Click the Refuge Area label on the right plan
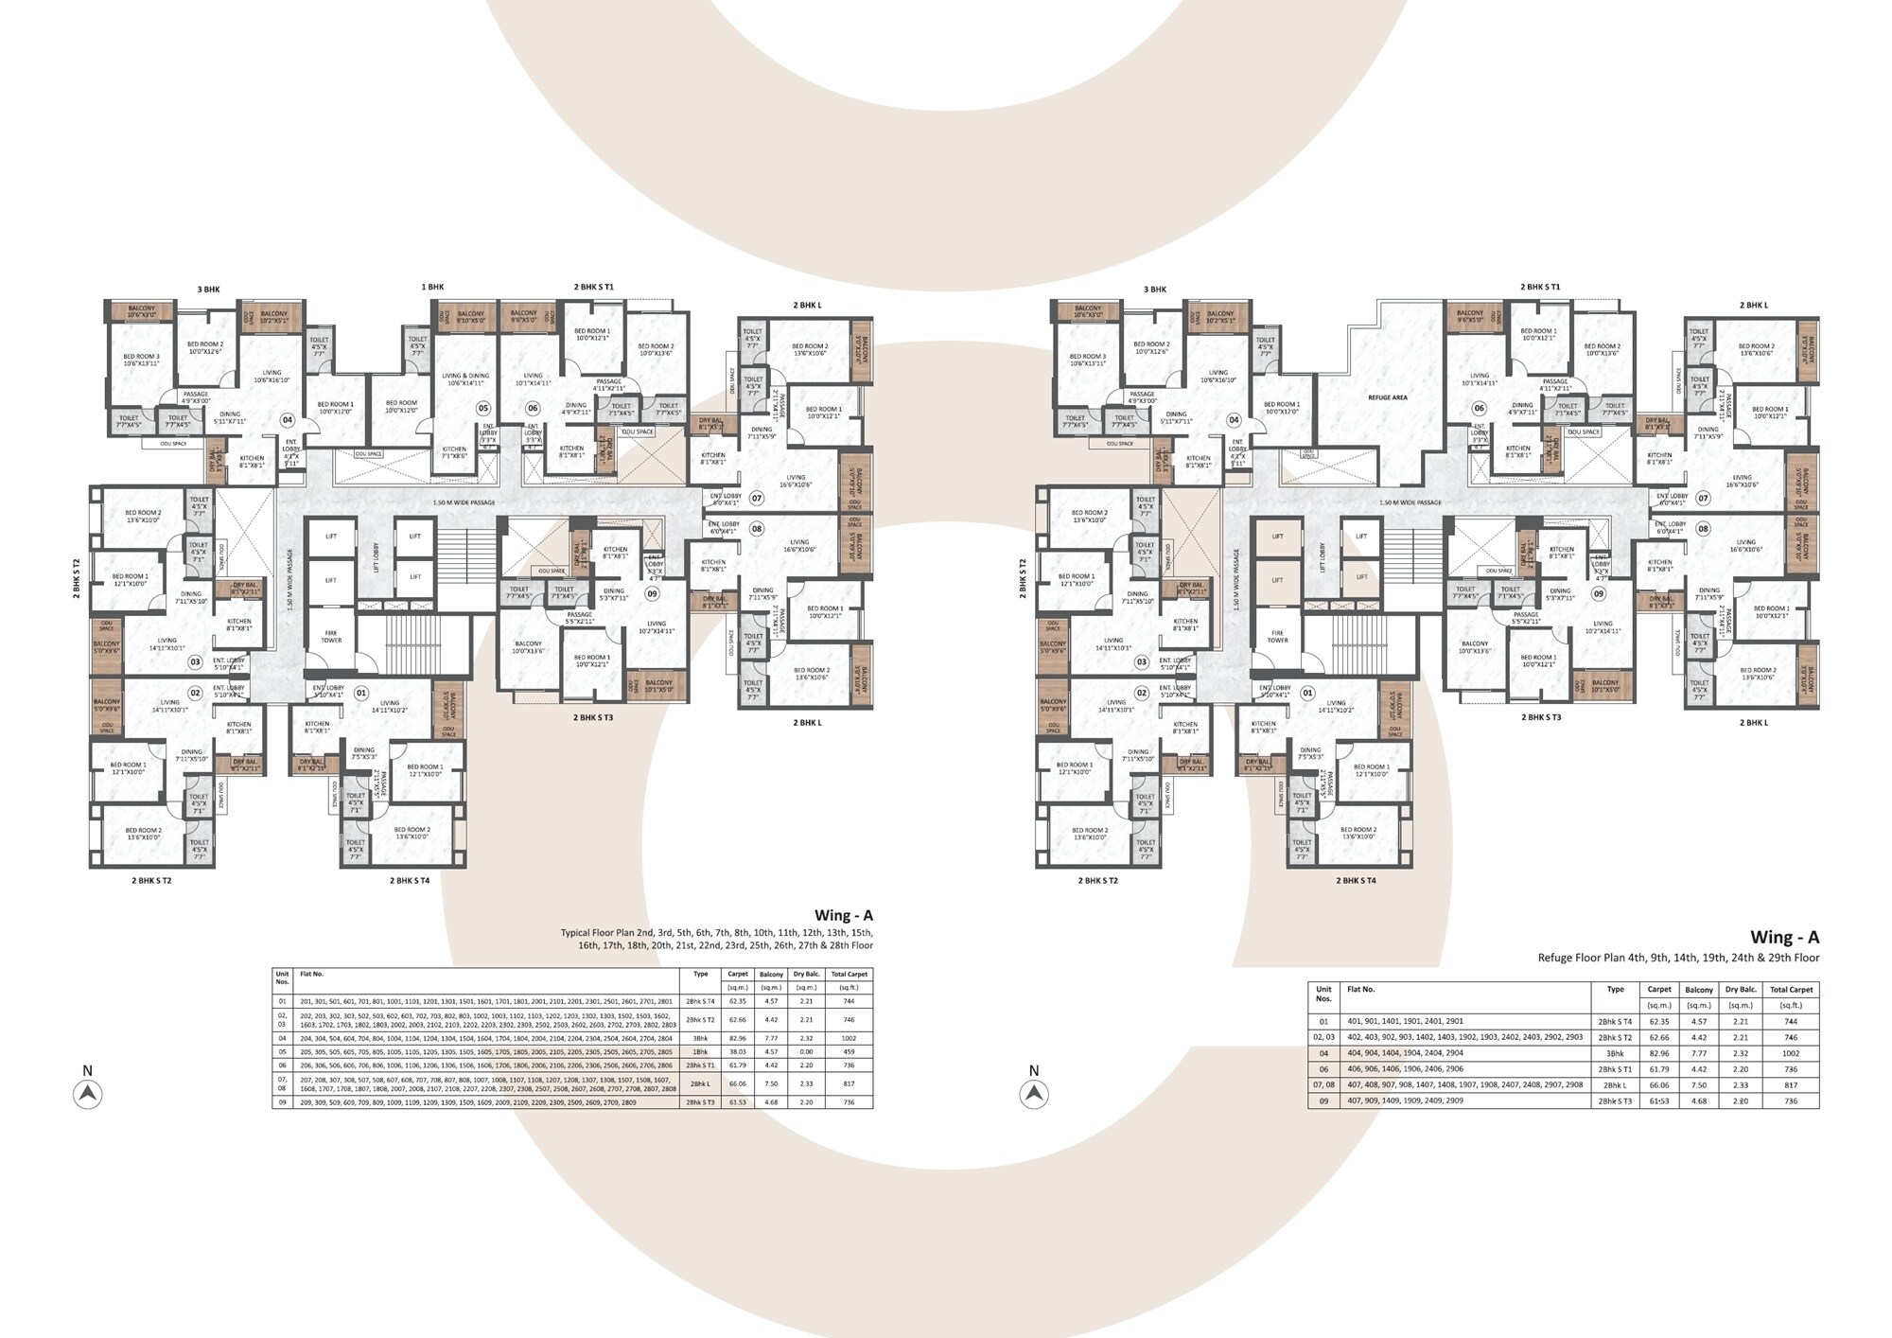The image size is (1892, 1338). tap(1387, 397)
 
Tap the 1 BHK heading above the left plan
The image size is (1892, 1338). tap(432, 287)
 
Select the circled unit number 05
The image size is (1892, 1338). tap(483, 408)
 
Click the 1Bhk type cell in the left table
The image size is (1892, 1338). tap(700, 1052)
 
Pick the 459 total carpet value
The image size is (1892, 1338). tap(849, 1052)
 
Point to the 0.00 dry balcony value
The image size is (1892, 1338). tap(806, 1052)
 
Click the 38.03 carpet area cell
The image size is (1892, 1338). tap(737, 1052)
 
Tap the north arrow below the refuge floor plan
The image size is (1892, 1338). tap(1034, 1094)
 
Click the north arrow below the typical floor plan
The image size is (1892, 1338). tap(88, 1094)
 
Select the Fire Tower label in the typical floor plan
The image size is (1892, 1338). tap(331, 636)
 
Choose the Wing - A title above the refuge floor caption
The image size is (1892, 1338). tap(1784, 937)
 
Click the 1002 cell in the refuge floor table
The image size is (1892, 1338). tap(1790, 1053)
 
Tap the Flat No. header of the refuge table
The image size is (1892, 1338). tap(1361, 989)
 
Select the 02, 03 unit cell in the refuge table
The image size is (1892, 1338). tap(1323, 1037)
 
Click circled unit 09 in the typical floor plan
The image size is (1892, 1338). tap(652, 593)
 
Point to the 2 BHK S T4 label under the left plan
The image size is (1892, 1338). tap(410, 880)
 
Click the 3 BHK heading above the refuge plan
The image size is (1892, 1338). tap(1155, 290)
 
